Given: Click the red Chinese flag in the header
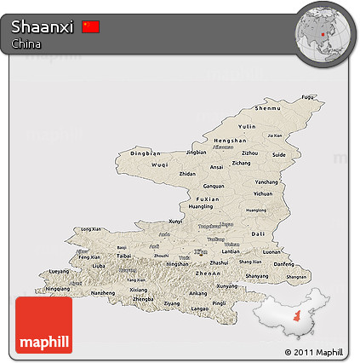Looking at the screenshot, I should [x=91, y=27].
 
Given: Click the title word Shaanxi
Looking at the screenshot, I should [x=43, y=27].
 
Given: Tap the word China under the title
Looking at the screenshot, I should [x=26, y=43].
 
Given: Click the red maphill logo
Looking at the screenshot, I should [x=43, y=325].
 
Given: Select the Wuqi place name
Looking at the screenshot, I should [x=159, y=164].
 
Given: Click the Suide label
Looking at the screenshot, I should [x=279, y=155].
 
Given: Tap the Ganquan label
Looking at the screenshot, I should [x=213, y=186].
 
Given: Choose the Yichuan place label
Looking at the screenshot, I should [x=264, y=193].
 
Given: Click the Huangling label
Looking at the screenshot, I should [x=201, y=206].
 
